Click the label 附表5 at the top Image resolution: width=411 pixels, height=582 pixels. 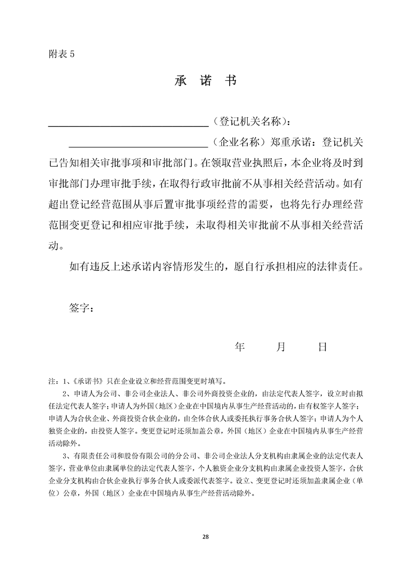(x=60, y=56)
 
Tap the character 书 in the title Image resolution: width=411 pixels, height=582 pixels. (x=230, y=82)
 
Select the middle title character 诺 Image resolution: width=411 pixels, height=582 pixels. (x=206, y=82)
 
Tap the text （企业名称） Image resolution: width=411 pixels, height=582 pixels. (x=239, y=142)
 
